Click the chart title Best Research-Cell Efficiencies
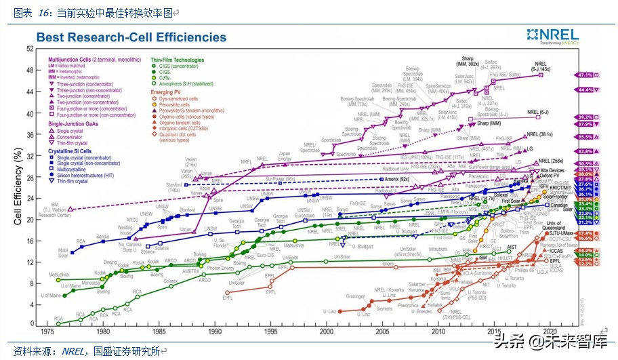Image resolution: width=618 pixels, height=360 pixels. pos(131,37)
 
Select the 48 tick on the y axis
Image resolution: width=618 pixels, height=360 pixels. pos(30,71)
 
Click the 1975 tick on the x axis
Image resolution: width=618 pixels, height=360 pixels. pos(47,332)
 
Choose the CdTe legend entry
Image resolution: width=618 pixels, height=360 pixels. pos(165,77)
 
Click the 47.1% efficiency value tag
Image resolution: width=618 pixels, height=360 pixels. pos(585,75)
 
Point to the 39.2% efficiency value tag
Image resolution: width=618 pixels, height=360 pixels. pos(585,117)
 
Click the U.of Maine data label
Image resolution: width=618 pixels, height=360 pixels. pos(51,296)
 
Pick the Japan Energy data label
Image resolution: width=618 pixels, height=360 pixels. pos(285,156)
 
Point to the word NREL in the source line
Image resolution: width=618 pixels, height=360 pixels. pos(75,351)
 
